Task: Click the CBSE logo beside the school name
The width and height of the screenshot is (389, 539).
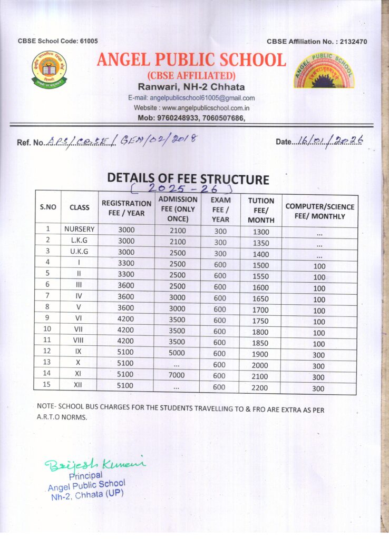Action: pos(49,69)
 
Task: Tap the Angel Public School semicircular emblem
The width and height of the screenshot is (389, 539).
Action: pos(324,72)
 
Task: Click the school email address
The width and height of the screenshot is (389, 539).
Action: pos(191,98)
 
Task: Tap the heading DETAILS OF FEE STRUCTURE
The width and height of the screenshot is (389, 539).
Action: pos(188,179)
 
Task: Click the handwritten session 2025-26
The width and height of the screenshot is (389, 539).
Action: pos(181,188)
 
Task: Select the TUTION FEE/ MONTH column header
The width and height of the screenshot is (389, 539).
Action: pos(261,209)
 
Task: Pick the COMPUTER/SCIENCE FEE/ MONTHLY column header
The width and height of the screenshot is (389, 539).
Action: pos(320,211)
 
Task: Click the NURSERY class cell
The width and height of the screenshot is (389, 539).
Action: pos(80,229)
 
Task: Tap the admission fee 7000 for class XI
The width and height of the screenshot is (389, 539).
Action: pos(177,375)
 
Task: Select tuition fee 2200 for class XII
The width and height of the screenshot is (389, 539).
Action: pos(260,387)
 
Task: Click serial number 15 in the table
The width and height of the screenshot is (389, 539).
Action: pos(47,385)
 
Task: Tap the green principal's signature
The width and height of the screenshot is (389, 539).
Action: pos(95,463)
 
